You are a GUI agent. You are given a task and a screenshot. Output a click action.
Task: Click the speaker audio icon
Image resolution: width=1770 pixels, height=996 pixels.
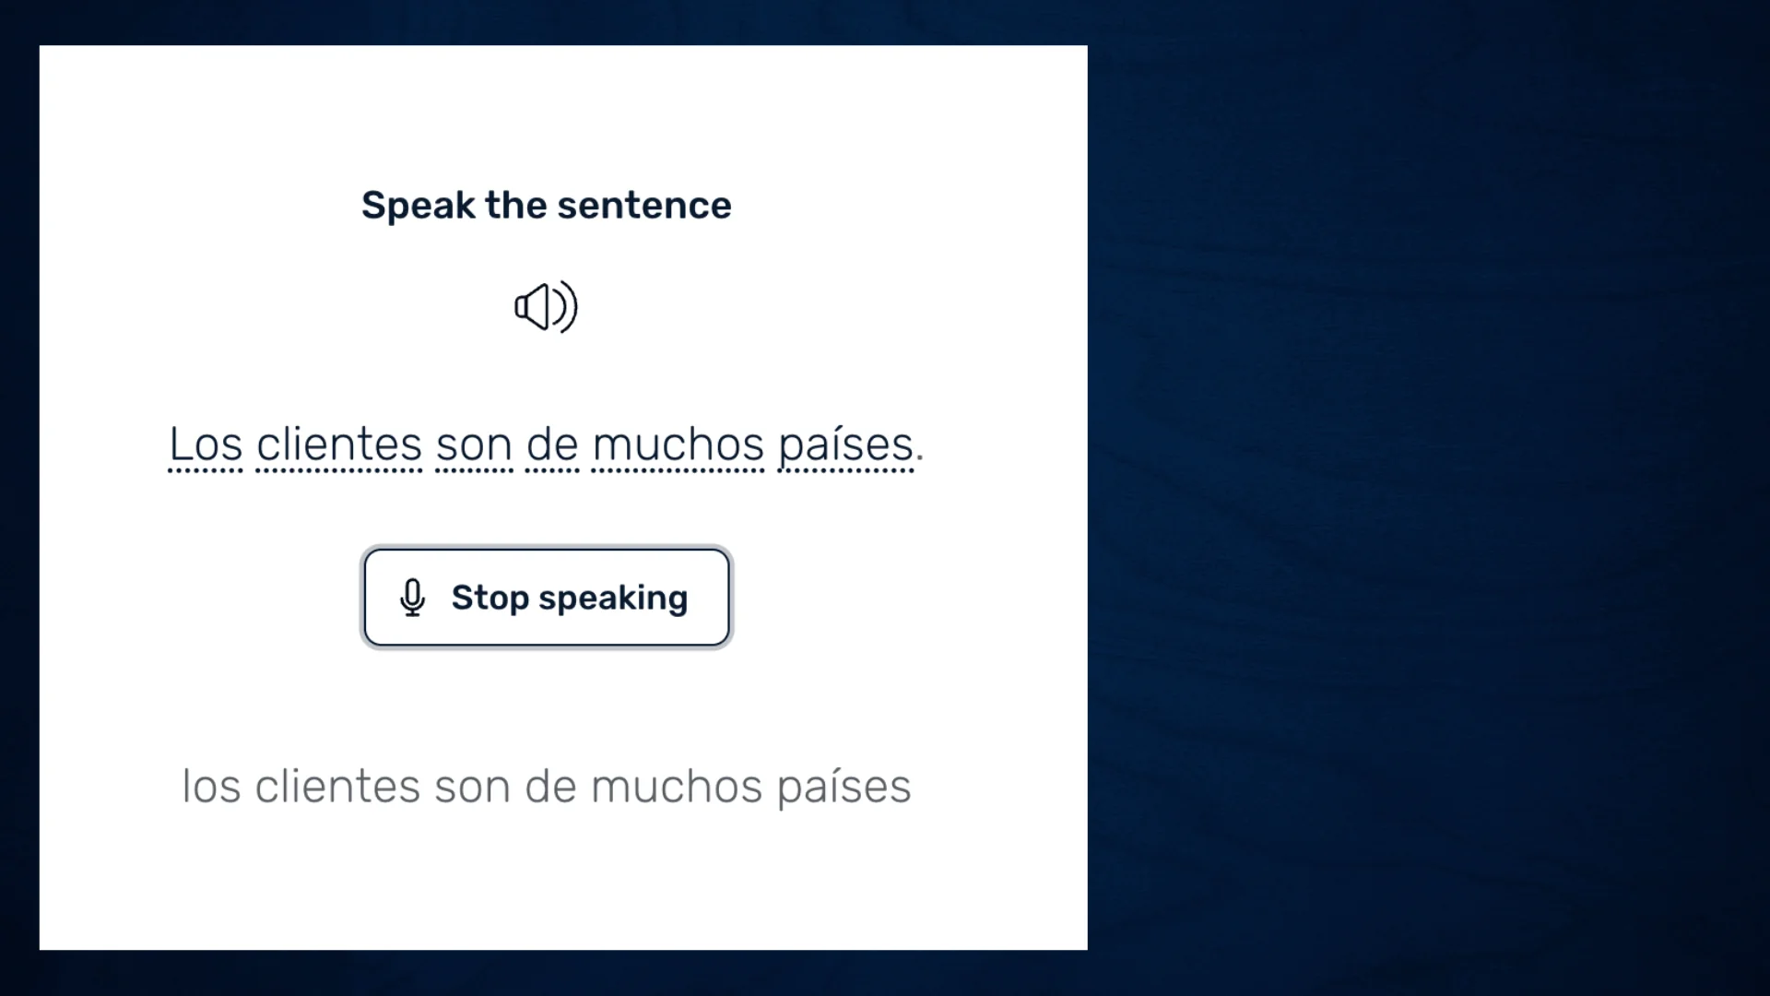coord(546,307)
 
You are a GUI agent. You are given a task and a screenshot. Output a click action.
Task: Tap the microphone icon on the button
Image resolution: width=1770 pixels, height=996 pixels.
coord(413,598)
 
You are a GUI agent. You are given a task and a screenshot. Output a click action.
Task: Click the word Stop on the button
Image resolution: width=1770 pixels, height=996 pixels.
coord(490,598)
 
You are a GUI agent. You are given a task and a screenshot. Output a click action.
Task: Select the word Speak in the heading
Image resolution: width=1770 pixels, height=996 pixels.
coord(419,205)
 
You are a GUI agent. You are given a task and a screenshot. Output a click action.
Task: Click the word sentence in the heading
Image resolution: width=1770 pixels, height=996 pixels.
coord(644,205)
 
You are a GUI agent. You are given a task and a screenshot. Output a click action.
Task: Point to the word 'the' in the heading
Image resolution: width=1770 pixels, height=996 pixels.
coord(516,205)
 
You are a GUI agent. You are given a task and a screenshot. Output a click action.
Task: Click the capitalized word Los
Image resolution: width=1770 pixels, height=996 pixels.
coord(206,445)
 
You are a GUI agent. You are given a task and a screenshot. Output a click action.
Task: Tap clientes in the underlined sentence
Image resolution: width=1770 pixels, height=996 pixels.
coord(339,445)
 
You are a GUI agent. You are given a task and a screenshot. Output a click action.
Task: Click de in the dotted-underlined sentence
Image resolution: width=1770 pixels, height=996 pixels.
coord(552,445)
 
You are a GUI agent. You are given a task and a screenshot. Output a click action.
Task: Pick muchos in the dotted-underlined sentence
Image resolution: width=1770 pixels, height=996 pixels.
coord(678,445)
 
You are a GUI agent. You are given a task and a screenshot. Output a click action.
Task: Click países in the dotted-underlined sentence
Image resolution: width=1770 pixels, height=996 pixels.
coord(846,446)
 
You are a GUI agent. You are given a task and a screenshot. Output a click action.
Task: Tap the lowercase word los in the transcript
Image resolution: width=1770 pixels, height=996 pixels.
coord(212,787)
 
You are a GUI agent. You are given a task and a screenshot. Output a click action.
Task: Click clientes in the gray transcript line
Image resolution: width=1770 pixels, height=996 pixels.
coord(337,787)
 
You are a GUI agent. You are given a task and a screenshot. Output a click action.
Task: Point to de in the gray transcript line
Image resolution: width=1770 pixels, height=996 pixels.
coord(551,787)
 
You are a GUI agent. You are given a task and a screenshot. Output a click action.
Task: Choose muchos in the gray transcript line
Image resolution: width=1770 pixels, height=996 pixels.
coord(677,787)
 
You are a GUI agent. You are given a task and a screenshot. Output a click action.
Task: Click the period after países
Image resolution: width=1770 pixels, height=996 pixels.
coord(920,457)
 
